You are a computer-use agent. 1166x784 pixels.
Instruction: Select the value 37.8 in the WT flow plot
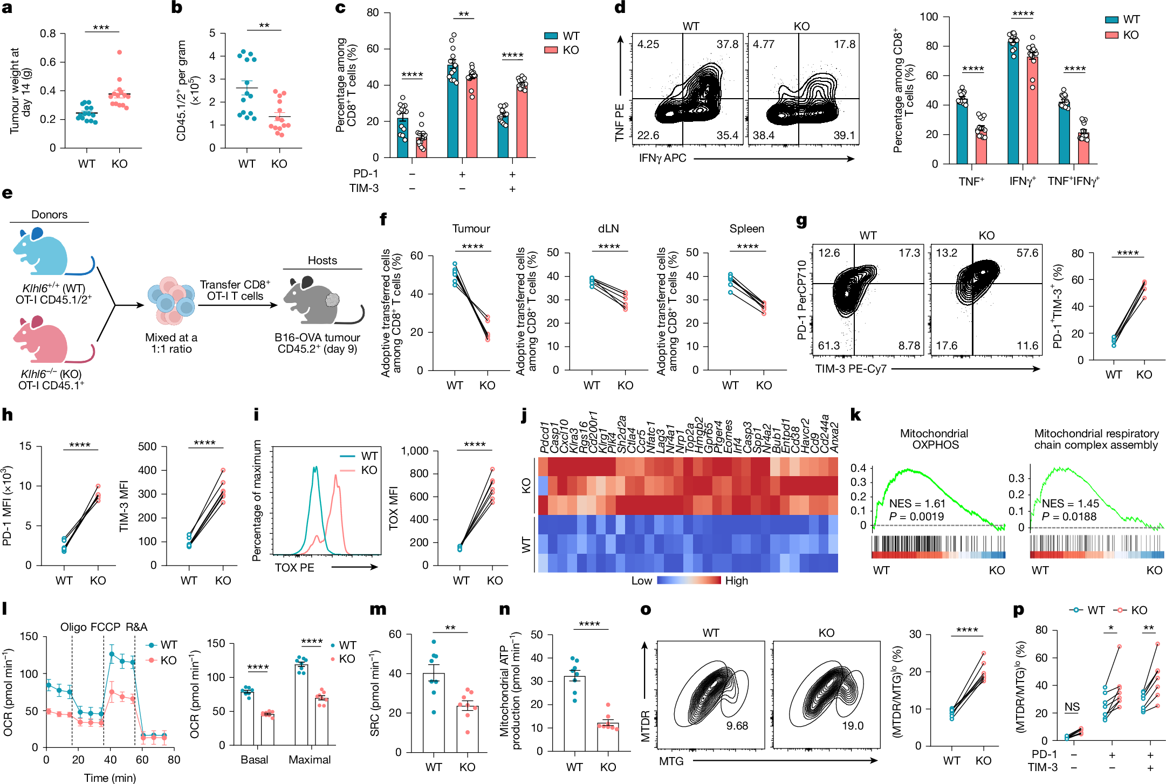point(727,44)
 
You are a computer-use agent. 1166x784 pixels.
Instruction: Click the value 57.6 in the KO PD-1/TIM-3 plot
point(1027,253)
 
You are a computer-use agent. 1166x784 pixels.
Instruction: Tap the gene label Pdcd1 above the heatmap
point(544,438)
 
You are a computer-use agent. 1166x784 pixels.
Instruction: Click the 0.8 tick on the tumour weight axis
point(48,33)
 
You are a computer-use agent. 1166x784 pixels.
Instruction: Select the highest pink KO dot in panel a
point(120,52)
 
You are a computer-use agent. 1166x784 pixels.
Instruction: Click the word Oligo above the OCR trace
point(73,627)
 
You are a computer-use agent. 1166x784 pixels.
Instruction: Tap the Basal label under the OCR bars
point(255,760)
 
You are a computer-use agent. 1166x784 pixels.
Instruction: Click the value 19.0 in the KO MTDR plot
point(853,726)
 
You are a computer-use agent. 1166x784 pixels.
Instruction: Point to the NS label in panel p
point(1072,707)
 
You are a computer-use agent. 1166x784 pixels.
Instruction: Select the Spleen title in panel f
point(746,229)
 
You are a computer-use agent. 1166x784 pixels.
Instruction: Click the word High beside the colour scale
point(736,581)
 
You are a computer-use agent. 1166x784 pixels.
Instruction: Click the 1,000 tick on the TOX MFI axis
point(415,451)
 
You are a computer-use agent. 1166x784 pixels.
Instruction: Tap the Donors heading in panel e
point(49,215)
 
